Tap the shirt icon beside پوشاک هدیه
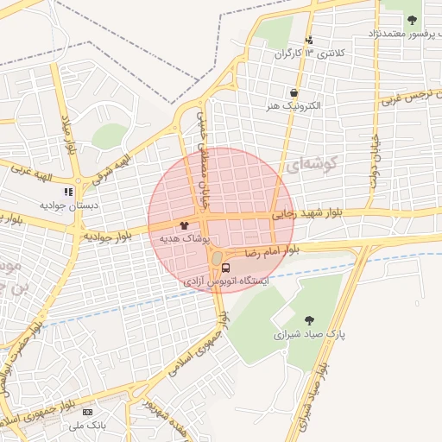pyautogui.click(x=184, y=224)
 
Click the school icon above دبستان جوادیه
pyautogui.click(x=68, y=192)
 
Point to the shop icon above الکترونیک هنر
pyautogui.click(x=294, y=92)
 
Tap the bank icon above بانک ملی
pyautogui.click(x=88, y=413)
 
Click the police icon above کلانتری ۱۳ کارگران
pyautogui.click(x=309, y=40)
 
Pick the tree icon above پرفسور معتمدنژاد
pyautogui.click(x=412, y=20)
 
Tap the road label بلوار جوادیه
pyautogui.click(x=108, y=236)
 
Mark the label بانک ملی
pyautogui.click(x=88, y=426)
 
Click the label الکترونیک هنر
pyautogui.click(x=294, y=105)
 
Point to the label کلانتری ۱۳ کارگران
pyautogui.click(x=309, y=54)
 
